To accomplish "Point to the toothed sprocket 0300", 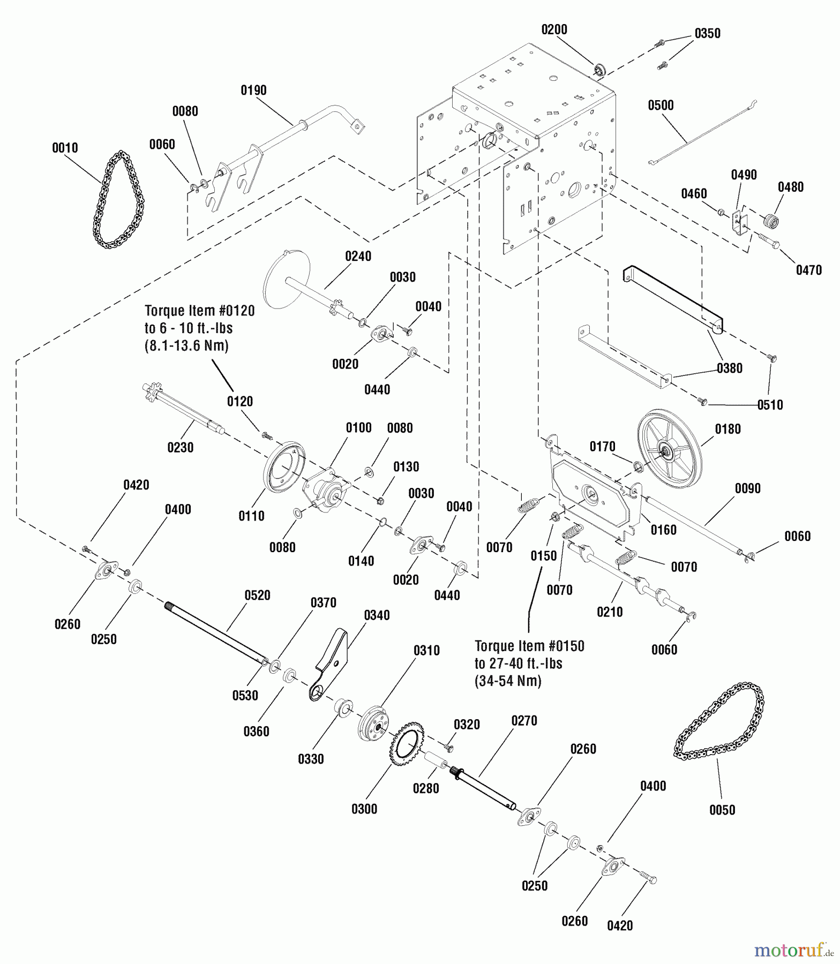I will pos(408,744).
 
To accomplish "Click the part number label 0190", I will pos(253,90).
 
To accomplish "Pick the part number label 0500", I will pos(661,105).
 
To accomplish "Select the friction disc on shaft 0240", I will pos(288,280).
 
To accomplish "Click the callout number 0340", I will pos(377,615).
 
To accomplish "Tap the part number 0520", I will pos(257,595).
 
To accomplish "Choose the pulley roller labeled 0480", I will pos(770,220).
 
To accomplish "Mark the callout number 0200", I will pos(554,29).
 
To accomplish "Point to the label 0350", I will pos(707,33).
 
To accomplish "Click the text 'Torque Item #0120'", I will pos(199,311).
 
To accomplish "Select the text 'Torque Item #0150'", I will pos(529,646).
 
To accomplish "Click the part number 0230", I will pos(180,447).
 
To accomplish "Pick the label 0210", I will pos(610,612).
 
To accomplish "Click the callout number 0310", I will pos(426,650).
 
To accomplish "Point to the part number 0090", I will pos(747,488).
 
